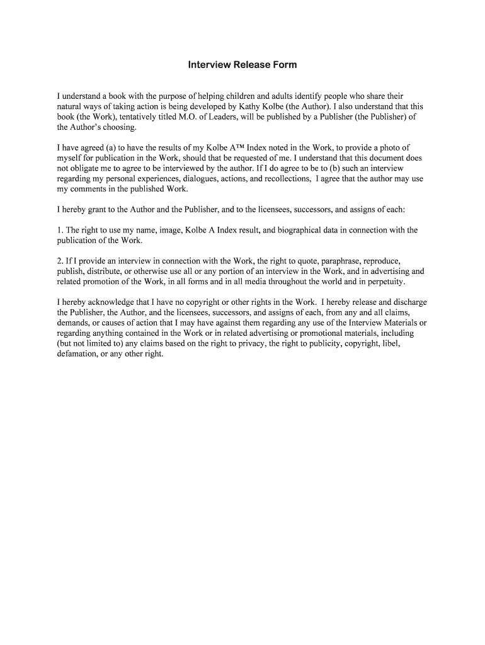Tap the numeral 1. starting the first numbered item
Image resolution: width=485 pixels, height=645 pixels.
point(60,230)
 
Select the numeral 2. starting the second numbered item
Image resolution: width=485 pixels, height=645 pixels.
point(60,260)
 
